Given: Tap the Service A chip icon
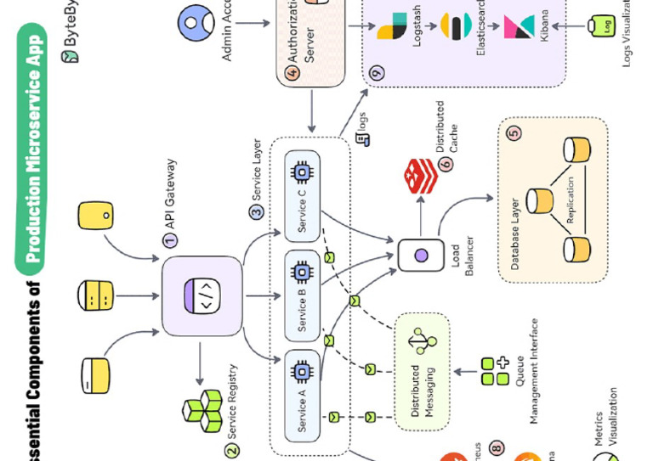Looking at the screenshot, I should [x=300, y=370].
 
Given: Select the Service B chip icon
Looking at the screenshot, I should [x=300, y=273].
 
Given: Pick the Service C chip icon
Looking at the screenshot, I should [x=300, y=172].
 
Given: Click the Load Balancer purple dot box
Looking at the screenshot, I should [x=420, y=255].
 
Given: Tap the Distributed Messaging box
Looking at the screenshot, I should [x=420, y=371].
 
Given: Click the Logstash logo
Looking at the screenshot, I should [x=392, y=25].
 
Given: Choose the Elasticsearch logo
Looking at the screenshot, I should [x=456, y=25].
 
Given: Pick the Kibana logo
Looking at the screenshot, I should [x=520, y=25].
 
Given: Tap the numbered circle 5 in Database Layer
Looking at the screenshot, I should [x=514, y=132].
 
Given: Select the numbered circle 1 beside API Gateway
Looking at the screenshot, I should [x=170, y=240].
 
